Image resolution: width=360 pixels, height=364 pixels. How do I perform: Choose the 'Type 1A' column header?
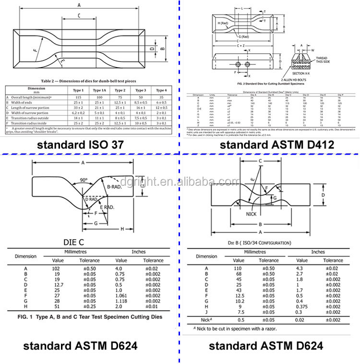coord(99,90)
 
